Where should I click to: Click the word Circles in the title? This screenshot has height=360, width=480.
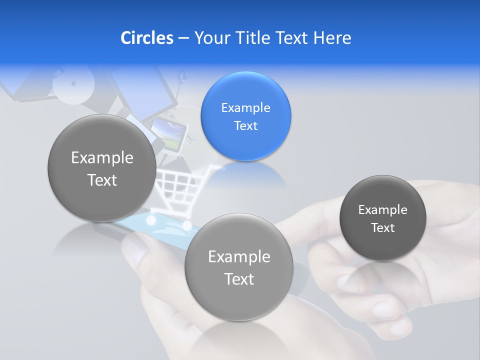point(146,38)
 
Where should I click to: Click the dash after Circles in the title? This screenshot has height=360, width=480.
point(183,38)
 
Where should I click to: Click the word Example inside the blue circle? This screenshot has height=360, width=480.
point(245,108)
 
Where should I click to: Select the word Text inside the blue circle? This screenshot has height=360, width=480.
point(245,126)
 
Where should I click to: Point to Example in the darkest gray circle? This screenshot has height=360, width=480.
point(383,210)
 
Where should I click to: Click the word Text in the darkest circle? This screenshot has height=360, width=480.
point(383,228)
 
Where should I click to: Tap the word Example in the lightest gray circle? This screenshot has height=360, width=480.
point(239,257)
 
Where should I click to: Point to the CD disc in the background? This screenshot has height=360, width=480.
point(73,84)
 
